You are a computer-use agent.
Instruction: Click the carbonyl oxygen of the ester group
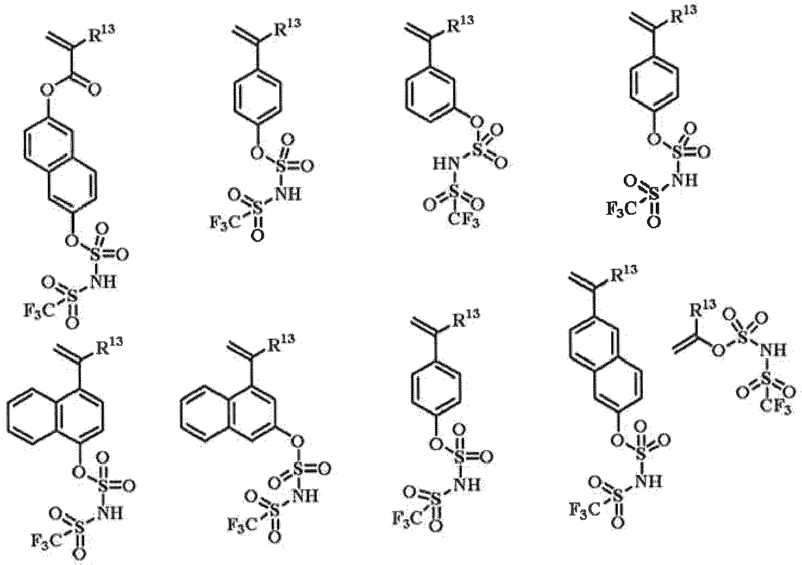(x=94, y=90)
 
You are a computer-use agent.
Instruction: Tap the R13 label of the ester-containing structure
(x=102, y=34)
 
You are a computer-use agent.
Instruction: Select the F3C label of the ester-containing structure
(x=40, y=310)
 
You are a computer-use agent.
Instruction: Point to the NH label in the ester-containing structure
(x=103, y=282)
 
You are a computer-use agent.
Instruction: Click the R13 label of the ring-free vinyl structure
(x=703, y=309)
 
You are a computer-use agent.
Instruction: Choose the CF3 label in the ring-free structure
(x=776, y=407)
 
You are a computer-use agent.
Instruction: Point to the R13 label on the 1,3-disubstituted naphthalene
(x=281, y=343)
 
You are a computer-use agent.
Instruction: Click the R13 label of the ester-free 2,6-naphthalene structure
(x=624, y=275)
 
